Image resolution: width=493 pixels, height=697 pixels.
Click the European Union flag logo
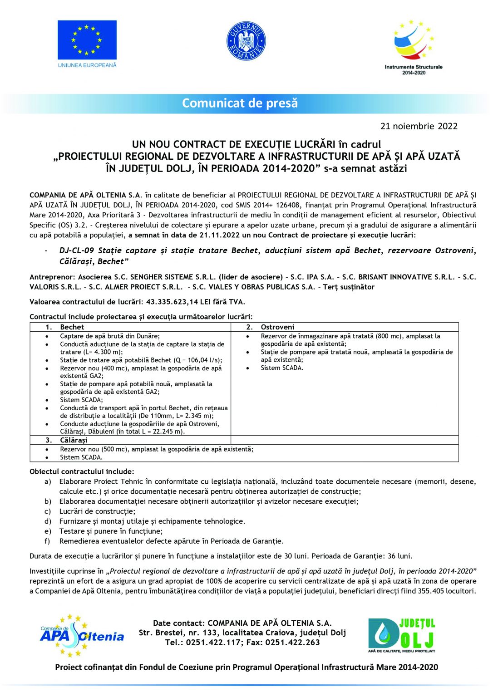[x=87, y=40]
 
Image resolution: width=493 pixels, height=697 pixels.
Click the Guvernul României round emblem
[x=246, y=41]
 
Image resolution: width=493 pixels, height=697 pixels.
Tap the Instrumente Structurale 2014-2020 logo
[x=414, y=47]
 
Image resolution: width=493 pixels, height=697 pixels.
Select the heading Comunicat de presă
[x=240, y=103]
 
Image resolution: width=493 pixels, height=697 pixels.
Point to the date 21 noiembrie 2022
[x=419, y=126]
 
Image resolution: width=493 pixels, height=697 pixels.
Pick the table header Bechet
[x=72, y=327]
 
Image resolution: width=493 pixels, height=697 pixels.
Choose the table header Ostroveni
[x=277, y=327]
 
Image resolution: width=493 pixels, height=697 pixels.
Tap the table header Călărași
[x=74, y=440]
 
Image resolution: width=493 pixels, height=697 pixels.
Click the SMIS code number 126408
[x=288, y=205]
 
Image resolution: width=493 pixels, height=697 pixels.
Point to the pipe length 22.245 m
[x=167, y=432]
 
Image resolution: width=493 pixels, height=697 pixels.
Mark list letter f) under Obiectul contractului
[x=47, y=541]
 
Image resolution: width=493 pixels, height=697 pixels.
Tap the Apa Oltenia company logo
[x=81, y=635]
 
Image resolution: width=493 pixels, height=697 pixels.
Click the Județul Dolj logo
[x=401, y=635]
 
